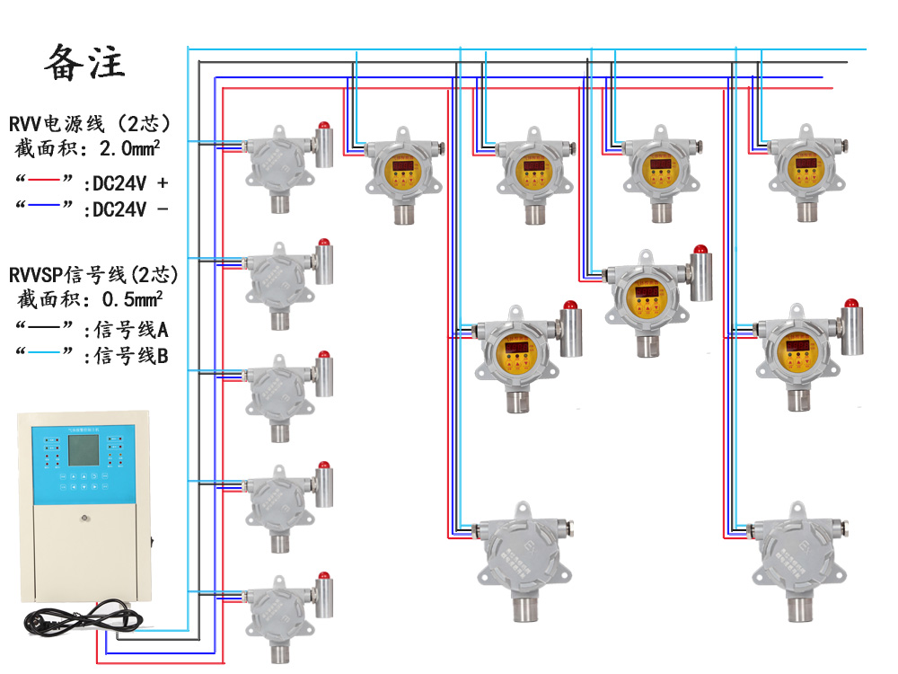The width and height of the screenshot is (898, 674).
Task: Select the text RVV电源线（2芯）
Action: [x=90, y=124]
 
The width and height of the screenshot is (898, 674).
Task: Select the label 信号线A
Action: [x=131, y=330]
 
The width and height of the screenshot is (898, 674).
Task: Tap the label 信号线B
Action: [x=131, y=356]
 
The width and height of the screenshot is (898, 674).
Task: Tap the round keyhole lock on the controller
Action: [x=84, y=518]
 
